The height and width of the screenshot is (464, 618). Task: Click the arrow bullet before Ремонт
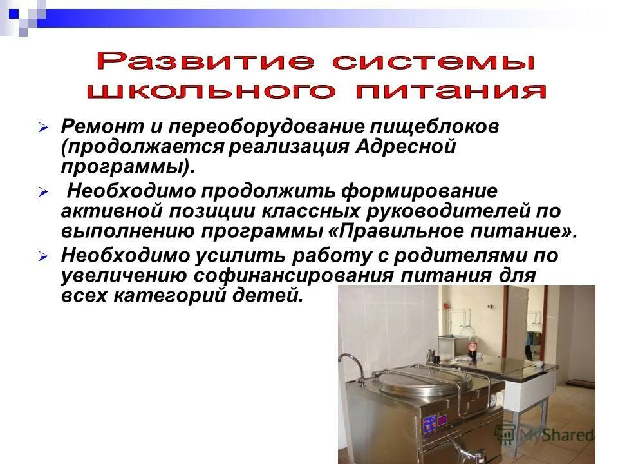(x=44, y=128)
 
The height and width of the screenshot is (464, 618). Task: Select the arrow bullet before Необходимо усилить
(x=44, y=256)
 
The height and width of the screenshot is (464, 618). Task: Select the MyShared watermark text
(x=547, y=434)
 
